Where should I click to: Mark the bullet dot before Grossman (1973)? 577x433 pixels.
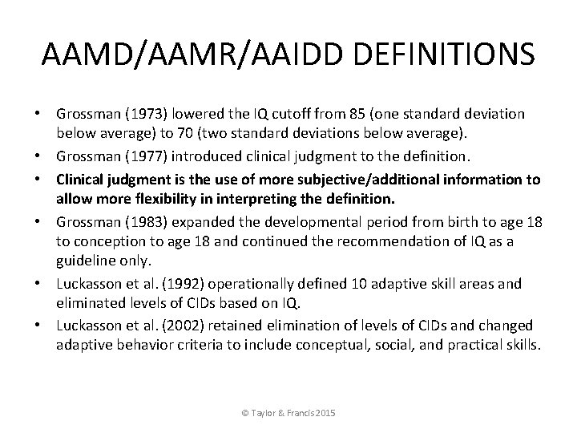tap(45, 115)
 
